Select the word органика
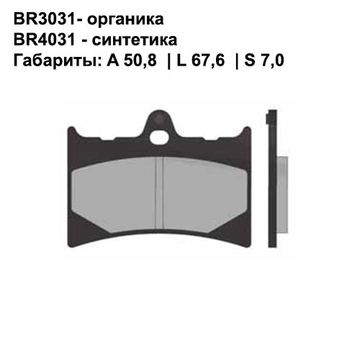pyautogui.click(x=122, y=17)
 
